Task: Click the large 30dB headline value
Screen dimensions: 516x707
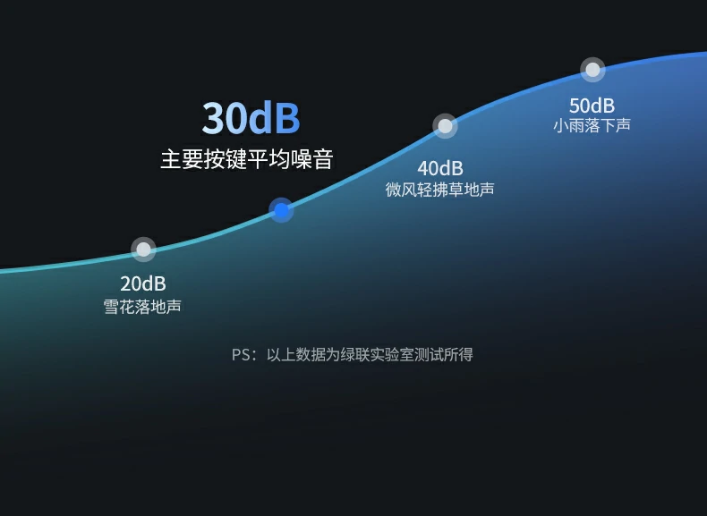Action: (251, 118)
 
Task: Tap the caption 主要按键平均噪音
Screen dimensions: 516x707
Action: (247, 160)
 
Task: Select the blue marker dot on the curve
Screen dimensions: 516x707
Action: (281, 211)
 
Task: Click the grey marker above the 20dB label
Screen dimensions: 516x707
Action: (143, 250)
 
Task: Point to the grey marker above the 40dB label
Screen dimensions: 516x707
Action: (445, 126)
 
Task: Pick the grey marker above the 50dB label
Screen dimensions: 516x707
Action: (592, 70)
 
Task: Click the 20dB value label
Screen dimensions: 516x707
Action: (143, 283)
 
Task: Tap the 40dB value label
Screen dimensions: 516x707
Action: (440, 167)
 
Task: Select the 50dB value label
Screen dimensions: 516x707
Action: (592, 105)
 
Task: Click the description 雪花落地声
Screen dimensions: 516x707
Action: (143, 307)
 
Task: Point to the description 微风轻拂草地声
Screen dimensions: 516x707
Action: (440, 190)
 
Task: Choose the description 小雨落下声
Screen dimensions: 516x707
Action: (592, 125)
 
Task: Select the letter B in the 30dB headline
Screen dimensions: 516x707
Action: (286, 118)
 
